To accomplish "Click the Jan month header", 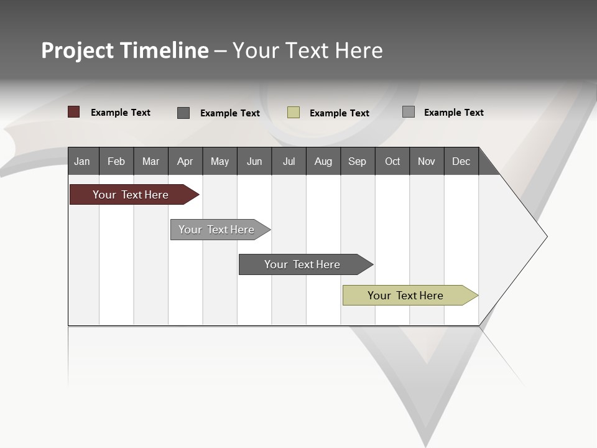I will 83,161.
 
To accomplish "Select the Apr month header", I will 185,161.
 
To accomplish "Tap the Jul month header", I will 289,161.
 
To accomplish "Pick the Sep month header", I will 358,161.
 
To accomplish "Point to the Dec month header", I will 461,161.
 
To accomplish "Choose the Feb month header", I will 116,161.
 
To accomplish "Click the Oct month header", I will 392,161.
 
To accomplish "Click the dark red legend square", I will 74,112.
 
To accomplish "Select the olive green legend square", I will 294,113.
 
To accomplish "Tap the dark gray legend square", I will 183,113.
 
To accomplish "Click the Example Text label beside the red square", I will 121,113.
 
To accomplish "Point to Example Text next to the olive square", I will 340,113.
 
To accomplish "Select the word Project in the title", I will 78,50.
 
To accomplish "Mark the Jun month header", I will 254,161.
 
